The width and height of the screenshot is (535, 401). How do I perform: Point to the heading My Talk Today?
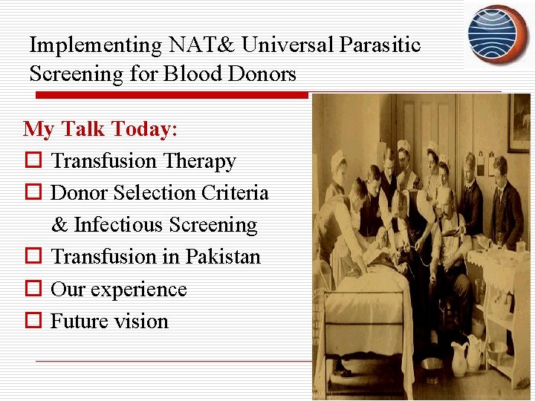tap(100, 129)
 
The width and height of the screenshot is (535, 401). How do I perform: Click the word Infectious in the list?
tap(118, 225)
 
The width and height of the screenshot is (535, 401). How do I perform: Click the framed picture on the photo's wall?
tap(519, 123)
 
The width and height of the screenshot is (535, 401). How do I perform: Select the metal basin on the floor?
tap(432, 365)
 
